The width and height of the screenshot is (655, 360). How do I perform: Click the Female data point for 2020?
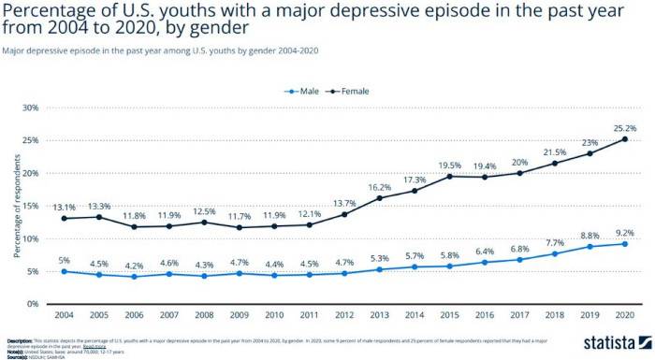coord(625,139)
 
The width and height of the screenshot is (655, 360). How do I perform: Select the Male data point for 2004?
coord(64,271)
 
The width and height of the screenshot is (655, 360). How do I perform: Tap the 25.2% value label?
coord(625,127)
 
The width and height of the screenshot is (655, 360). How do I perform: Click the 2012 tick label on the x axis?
coord(344,315)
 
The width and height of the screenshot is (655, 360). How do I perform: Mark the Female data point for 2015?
coord(449,176)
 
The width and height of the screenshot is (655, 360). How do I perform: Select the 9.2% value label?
coord(625,232)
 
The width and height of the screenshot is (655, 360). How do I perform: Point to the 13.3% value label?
coord(98,206)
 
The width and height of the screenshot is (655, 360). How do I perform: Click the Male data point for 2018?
coord(555,253)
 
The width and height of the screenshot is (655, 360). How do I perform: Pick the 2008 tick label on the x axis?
coord(204,315)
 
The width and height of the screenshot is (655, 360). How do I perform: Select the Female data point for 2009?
coord(239,227)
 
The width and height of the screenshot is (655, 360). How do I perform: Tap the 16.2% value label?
coord(379,186)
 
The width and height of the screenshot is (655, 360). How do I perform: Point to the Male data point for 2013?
coord(379,269)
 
